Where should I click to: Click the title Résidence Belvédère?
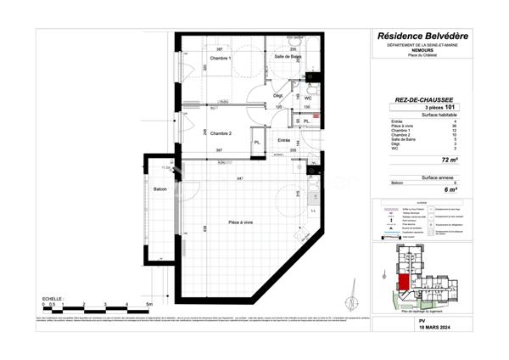pyautogui.click(x=422, y=36)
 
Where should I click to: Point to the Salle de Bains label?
pyautogui.click(x=288, y=56)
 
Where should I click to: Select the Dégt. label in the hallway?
pyautogui.click(x=277, y=95)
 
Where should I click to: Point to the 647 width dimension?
pyautogui.click(x=240, y=177)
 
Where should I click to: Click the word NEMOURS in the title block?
pyautogui.click(x=422, y=50)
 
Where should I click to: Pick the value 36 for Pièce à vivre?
pyautogui.click(x=455, y=126)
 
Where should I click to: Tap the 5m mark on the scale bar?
pyautogui.click(x=148, y=304)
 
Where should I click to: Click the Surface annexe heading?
pyautogui.click(x=422, y=177)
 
